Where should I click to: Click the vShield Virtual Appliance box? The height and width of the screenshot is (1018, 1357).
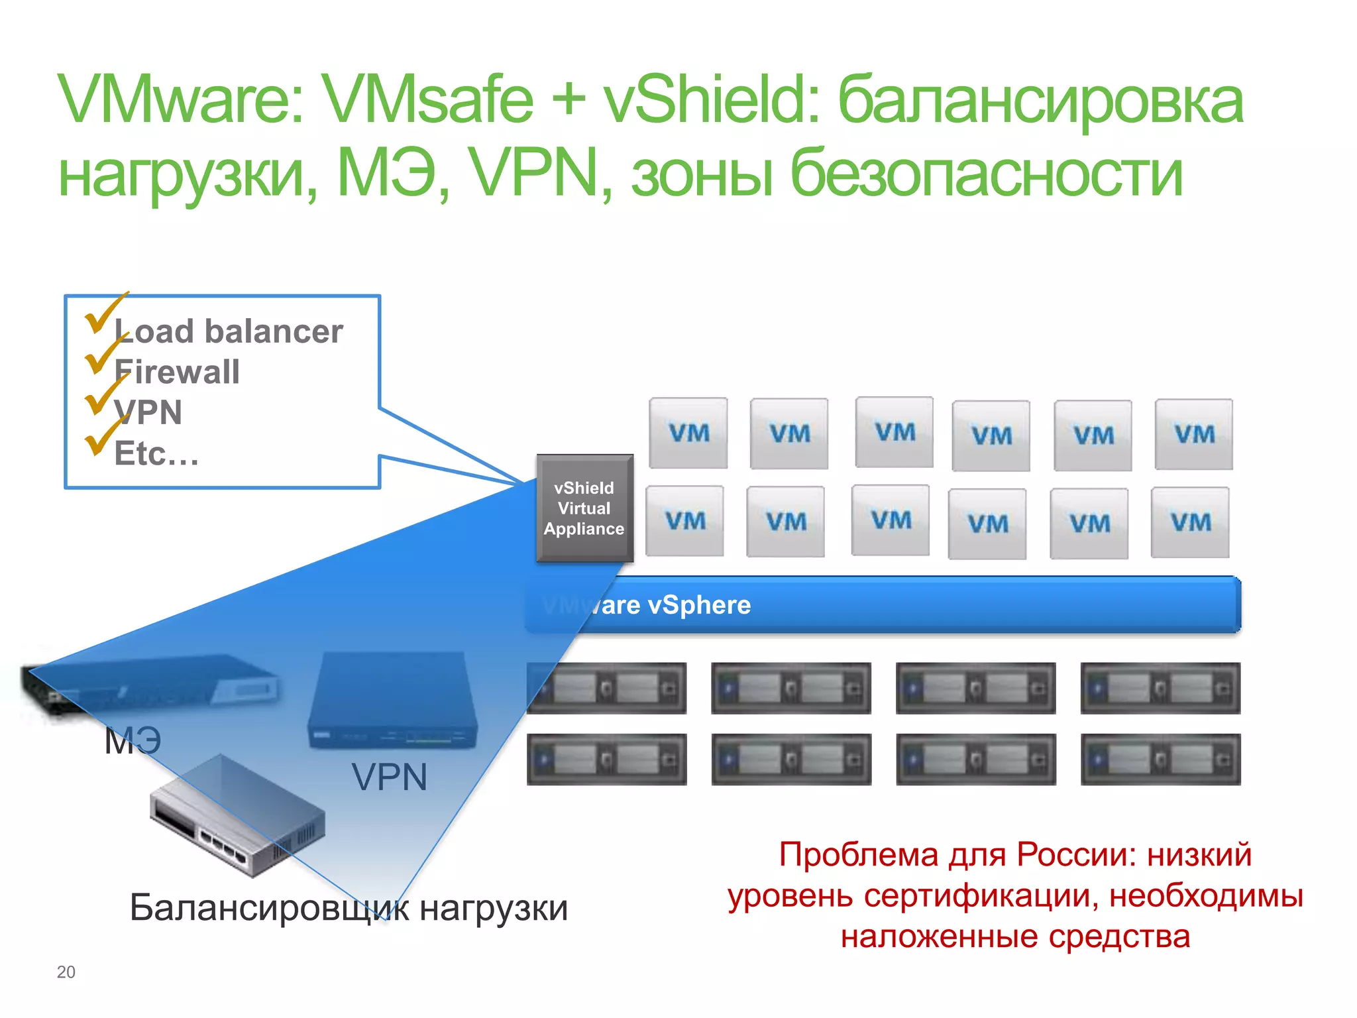click(584, 508)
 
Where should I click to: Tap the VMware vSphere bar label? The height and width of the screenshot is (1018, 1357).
click(646, 605)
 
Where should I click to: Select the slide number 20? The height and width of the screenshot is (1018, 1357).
click(66, 972)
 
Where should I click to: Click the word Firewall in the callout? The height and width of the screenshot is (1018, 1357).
click(177, 372)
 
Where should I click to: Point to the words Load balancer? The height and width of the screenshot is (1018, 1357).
click(229, 331)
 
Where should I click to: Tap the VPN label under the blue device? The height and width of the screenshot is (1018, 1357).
click(389, 777)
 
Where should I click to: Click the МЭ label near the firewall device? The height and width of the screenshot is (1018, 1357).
click(133, 740)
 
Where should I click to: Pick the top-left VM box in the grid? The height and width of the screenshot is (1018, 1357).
click(688, 433)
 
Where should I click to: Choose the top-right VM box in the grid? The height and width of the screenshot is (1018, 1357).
click(1194, 435)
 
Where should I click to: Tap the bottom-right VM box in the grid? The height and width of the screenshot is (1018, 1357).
click(1190, 523)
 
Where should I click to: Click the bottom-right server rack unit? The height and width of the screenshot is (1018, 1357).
click(1160, 760)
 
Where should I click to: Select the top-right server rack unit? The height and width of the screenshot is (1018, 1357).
click(1160, 689)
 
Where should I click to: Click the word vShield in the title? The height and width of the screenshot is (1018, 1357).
click(712, 101)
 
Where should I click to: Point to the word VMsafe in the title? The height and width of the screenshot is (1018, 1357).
click(429, 101)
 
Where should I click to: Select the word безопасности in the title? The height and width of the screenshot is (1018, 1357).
click(987, 174)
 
